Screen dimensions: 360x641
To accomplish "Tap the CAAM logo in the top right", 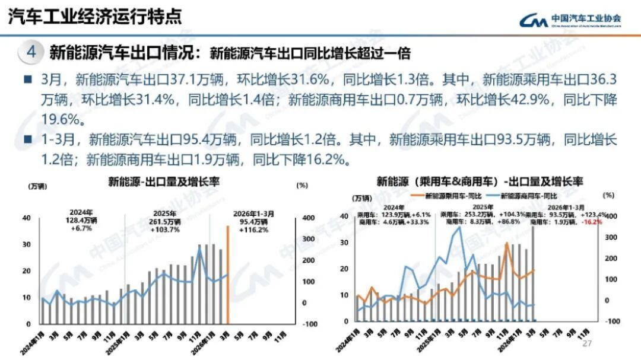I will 570,20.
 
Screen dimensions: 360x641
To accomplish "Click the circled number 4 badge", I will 31,52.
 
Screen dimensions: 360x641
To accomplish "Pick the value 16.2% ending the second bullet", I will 325,160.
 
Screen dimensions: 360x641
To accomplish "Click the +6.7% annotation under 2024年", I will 81,228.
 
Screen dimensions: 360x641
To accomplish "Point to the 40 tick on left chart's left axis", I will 27,218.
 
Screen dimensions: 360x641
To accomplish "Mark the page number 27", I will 588,344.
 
